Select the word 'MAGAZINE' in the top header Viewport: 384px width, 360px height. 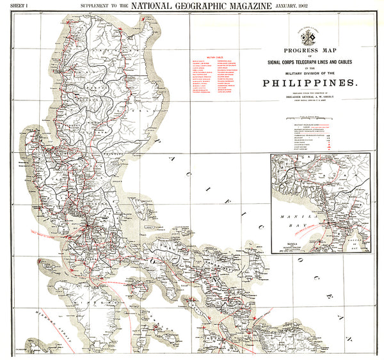(204, 6)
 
